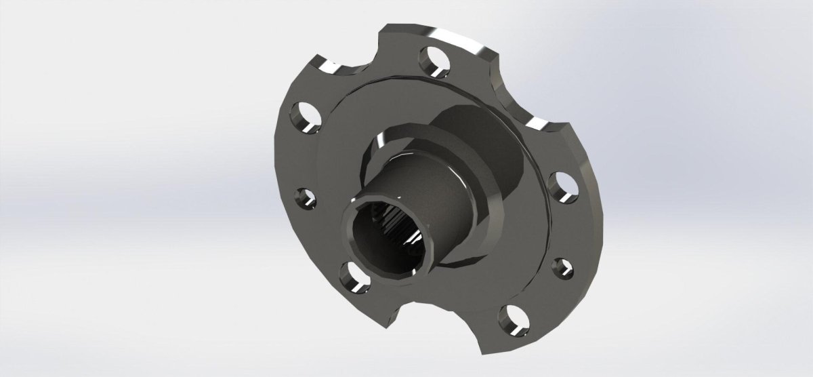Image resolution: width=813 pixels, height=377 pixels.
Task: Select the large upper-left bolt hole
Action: (x=304, y=117)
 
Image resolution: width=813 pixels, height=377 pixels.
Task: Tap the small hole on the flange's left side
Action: (x=304, y=199)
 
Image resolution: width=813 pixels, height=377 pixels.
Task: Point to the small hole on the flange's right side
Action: (x=561, y=266)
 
